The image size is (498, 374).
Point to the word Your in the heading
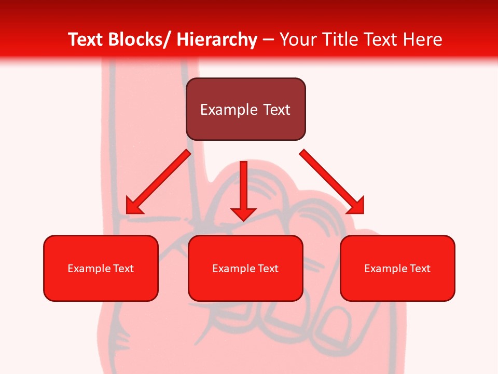tap(298, 39)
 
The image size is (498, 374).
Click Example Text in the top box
tap(245, 110)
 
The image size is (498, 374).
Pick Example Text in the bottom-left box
tap(101, 269)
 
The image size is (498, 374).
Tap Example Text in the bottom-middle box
tap(245, 269)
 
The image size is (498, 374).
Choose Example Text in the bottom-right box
tap(397, 269)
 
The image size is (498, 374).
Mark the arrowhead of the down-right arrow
tap(356, 206)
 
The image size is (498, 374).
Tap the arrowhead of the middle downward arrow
tap(243, 212)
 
